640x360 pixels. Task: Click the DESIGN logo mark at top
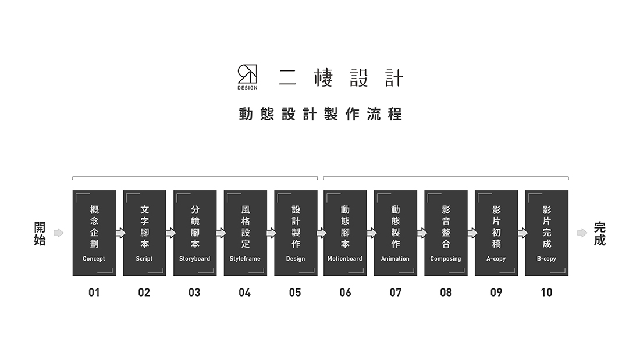point(247,77)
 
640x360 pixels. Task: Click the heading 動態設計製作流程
point(321,114)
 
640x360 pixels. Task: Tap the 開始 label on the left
point(40,233)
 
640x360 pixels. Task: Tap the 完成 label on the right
point(600,233)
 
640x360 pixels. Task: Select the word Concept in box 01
point(94,259)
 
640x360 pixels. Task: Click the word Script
point(144,259)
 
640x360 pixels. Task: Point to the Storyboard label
point(195,259)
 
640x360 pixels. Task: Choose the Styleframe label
point(245,259)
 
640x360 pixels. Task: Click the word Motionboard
point(345,259)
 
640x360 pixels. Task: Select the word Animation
point(395,259)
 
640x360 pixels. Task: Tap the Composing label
point(446,259)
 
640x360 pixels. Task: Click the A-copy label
point(496,259)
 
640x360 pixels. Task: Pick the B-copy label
point(546,259)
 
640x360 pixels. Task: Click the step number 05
point(295,293)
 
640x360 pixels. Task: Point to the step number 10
point(546,293)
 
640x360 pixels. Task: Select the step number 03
point(194,293)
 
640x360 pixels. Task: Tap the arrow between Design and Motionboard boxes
point(322,233)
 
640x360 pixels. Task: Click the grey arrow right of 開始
point(59,233)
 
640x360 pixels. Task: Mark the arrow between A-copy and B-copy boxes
point(523,233)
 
